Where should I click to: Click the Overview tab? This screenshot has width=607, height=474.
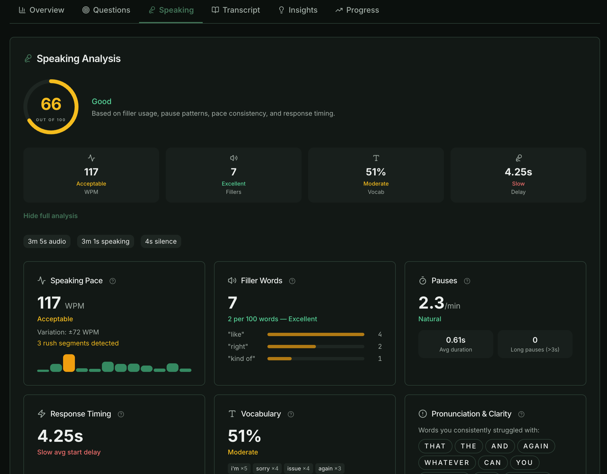tap(41, 10)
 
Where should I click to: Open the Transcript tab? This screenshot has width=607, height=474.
tap(236, 10)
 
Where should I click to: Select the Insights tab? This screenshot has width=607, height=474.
tap(298, 10)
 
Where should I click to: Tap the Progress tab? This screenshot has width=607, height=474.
tap(357, 10)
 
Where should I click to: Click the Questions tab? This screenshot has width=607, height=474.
tap(106, 10)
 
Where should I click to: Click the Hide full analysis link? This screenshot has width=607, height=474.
tap(50, 216)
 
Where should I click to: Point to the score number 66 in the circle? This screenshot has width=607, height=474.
tap(51, 104)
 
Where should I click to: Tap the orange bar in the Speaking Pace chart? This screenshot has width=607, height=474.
tap(69, 363)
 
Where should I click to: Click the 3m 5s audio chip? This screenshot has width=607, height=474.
tap(47, 241)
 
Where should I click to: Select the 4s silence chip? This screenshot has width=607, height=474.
tap(161, 241)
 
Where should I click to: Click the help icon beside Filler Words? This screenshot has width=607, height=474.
tap(292, 281)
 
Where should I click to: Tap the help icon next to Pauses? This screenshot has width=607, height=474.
tap(467, 281)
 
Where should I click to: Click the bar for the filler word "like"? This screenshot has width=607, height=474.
tap(316, 334)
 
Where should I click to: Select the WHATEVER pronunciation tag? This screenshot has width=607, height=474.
tap(447, 463)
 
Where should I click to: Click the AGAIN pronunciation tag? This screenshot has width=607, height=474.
tap(536, 446)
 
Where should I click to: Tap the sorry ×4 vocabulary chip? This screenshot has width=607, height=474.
tap(267, 468)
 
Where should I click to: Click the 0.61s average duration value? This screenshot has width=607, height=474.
tap(456, 340)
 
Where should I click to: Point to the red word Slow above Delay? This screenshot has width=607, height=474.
tap(518, 184)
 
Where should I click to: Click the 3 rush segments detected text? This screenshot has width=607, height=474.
tap(78, 343)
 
